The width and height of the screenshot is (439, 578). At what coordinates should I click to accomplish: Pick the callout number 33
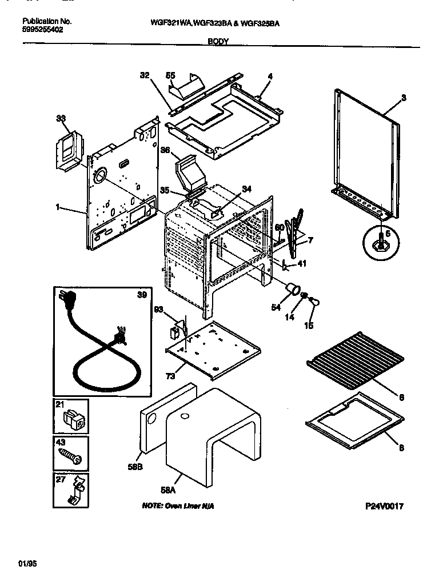click(x=61, y=118)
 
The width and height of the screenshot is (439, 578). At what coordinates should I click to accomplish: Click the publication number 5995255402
click(x=43, y=29)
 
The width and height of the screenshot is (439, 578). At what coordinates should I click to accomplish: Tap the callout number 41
click(x=302, y=264)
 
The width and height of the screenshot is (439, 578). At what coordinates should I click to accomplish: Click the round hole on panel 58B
click(x=152, y=422)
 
